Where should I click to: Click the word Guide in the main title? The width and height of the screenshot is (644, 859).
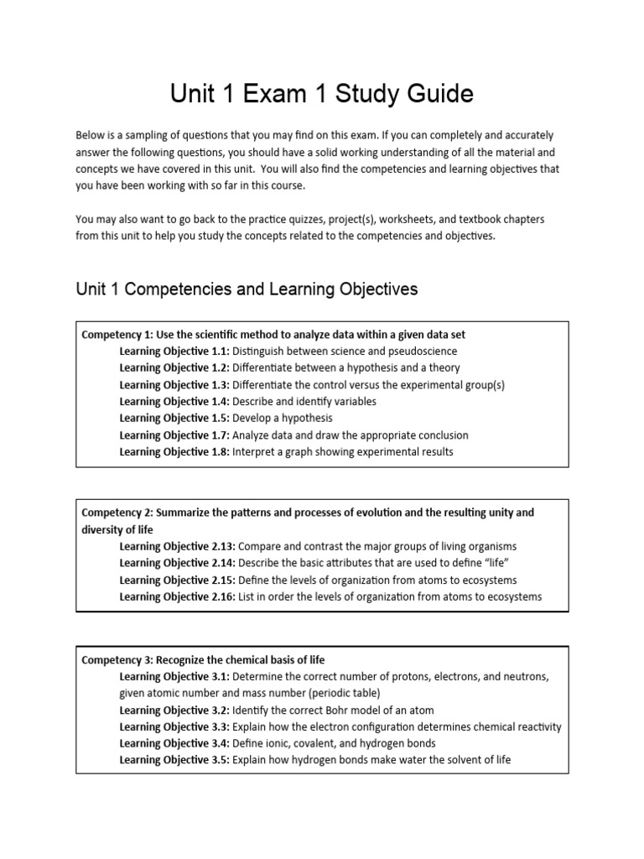[434, 94]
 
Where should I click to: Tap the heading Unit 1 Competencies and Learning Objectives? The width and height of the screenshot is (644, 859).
[246, 289]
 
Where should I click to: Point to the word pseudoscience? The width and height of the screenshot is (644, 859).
[418, 351]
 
